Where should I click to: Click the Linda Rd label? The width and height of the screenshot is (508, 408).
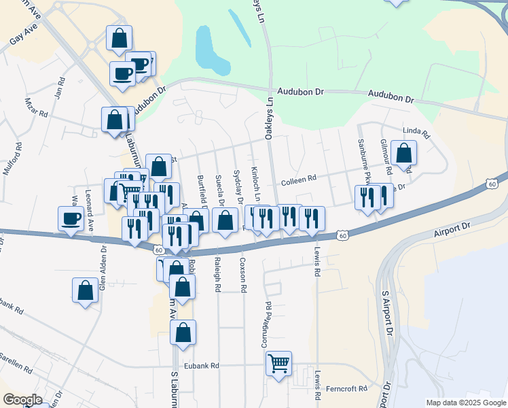tap(417, 132)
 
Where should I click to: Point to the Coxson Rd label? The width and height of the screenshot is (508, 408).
tap(242, 275)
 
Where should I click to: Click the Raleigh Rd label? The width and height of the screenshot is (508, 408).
tap(217, 275)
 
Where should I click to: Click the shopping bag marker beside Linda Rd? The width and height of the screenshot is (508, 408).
tap(403, 154)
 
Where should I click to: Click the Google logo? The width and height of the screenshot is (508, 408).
tap(22, 400)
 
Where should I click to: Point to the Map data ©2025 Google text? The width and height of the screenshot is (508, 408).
tap(466, 403)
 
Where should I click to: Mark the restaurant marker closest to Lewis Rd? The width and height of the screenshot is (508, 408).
tap(312, 219)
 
